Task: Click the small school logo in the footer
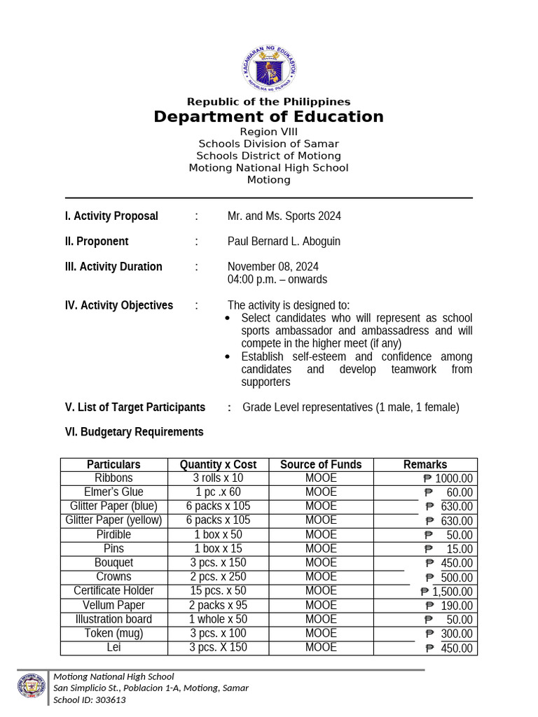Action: (32, 687)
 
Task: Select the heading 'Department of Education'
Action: (268, 117)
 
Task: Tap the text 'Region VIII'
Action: (268, 132)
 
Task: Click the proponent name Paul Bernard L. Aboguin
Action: (284, 242)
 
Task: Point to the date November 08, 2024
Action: (273, 267)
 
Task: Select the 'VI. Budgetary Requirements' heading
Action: (134, 432)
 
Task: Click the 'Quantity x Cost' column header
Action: (218, 465)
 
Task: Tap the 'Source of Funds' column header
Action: (321, 465)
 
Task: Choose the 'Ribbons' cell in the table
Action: (113, 478)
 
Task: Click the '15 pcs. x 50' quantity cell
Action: (218, 591)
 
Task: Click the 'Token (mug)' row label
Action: (113, 633)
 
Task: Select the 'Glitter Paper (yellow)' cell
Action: (113, 520)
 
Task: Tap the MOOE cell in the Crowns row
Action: (321, 577)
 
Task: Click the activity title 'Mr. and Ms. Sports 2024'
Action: (284, 216)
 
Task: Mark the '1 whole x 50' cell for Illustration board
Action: (218, 619)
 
